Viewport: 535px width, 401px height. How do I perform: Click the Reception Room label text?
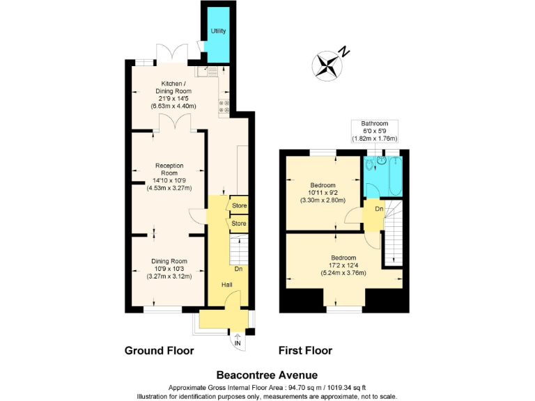point(169,176)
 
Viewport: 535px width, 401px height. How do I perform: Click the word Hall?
point(227,285)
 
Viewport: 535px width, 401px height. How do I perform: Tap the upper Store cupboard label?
point(239,205)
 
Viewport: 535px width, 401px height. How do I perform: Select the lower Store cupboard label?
point(239,223)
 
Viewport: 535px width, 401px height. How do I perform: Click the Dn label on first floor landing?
point(378,208)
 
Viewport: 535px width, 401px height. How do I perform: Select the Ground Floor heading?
point(159,350)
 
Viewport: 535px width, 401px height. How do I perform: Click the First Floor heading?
point(305,350)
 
